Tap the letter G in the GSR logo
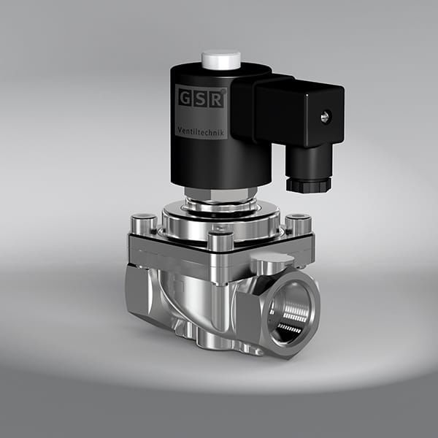[x=184, y=96]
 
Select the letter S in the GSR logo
[x=200, y=96]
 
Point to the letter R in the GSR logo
[x=216, y=96]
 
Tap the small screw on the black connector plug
[x=326, y=115]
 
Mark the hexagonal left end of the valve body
[x=139, y=292]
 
